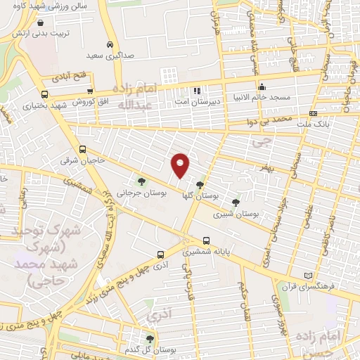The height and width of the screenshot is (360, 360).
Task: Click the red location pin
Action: point(181,165)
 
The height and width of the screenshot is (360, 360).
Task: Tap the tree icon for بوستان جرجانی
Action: point(142,181)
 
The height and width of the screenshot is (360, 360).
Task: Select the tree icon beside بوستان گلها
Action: point(200,185)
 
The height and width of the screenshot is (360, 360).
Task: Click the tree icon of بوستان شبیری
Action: point(235,202)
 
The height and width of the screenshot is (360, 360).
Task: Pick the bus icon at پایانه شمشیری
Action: point(206,240)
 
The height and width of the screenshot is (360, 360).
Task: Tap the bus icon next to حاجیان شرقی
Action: point(83,149)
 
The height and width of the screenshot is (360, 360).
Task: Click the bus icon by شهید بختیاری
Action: point(44,94)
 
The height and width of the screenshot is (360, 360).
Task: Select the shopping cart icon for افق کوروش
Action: point(89,91)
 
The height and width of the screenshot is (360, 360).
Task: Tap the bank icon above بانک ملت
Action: point(313,113)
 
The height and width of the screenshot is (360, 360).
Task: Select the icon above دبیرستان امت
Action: point(198,91)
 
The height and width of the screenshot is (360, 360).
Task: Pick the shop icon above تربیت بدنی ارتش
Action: point(48,22)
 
